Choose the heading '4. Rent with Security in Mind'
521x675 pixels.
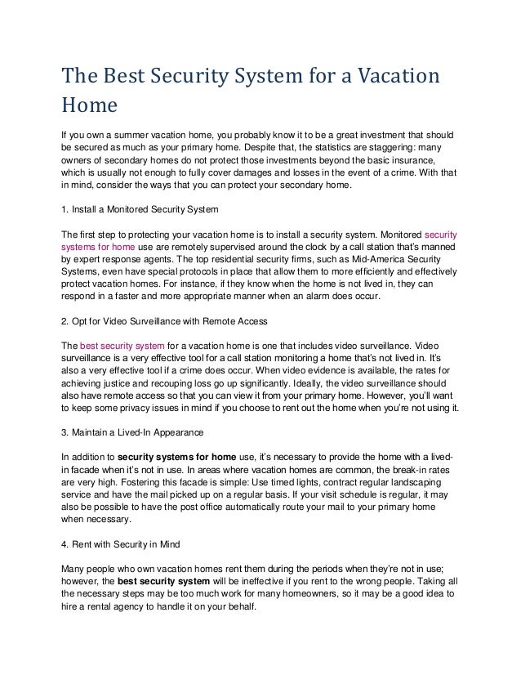[x=122, y=543]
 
